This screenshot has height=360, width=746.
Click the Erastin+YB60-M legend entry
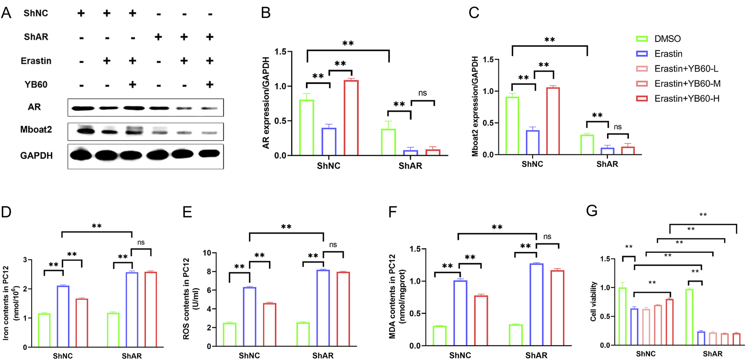687,84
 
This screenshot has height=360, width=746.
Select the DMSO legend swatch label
667,39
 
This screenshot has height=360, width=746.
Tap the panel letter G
591,211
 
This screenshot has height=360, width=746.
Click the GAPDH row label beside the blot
37,156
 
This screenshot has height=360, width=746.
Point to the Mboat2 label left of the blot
36,130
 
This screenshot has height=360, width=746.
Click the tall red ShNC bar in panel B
351,118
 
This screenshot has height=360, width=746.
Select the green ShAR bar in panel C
587,144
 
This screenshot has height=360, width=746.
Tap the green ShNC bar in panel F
440,336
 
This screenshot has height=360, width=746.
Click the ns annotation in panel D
141,243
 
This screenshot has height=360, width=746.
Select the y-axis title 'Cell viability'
594,301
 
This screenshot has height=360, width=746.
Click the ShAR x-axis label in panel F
536,355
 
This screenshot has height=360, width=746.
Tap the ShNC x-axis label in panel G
645,354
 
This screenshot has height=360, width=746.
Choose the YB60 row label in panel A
36,85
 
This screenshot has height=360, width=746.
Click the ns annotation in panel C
618,127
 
